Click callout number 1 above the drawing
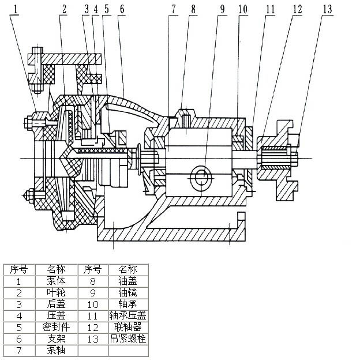pos(16,9)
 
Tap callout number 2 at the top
pos(63,9)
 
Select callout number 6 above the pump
pos(122,9)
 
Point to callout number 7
pos(173,9)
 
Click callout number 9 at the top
pos(222,9)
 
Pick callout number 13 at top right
pos(328,9)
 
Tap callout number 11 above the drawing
pos(270,9)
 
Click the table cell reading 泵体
pos(55,281)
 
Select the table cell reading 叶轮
pos(55,293)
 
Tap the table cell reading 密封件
pos(55,327)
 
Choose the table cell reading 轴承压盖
pos(128,315)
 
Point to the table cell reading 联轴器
pos(128,327)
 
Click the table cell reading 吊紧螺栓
pos(128,339)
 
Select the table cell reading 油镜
pos(128,293)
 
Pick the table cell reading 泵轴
pos(55,350)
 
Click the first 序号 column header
pos(19,270)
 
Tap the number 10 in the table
pos(92,304)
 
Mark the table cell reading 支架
pos(55,339)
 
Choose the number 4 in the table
pos(19,315)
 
